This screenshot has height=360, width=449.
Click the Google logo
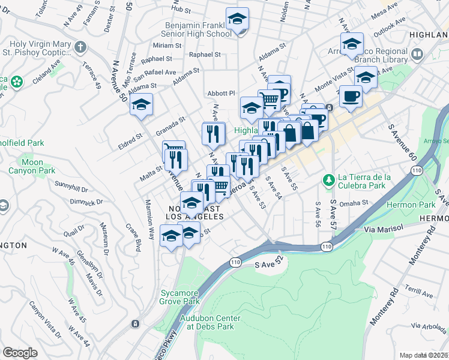tap(20, 352)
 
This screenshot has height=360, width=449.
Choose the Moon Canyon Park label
tap(32, 166)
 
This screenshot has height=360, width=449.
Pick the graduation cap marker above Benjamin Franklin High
tap(238, 19)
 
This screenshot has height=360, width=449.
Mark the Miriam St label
tap(163, 46)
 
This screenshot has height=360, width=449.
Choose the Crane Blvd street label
tap(133, 233)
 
